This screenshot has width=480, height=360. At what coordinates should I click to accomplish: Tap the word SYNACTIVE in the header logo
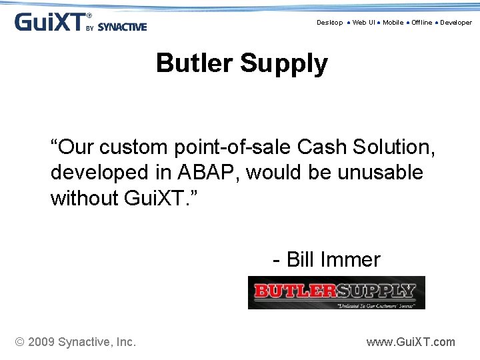coord(122,27)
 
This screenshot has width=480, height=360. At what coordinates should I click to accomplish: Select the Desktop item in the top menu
coord(329,23)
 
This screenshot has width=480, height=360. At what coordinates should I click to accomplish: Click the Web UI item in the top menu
coord(363,23)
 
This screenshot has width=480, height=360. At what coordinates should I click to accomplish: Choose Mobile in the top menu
coord(393,23)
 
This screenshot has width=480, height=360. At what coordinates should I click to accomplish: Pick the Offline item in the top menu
coord(421,23)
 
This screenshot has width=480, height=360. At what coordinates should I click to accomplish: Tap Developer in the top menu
coord(455,23)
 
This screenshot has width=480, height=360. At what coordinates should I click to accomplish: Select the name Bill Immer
coord(333,259)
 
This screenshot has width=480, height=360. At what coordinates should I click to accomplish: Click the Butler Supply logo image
coord(336,293)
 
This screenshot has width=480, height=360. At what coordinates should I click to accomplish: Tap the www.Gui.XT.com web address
coord(411,342)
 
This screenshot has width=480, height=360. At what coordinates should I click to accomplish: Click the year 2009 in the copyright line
coord(42,342)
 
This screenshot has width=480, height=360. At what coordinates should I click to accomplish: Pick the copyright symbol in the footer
coord(20,342)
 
